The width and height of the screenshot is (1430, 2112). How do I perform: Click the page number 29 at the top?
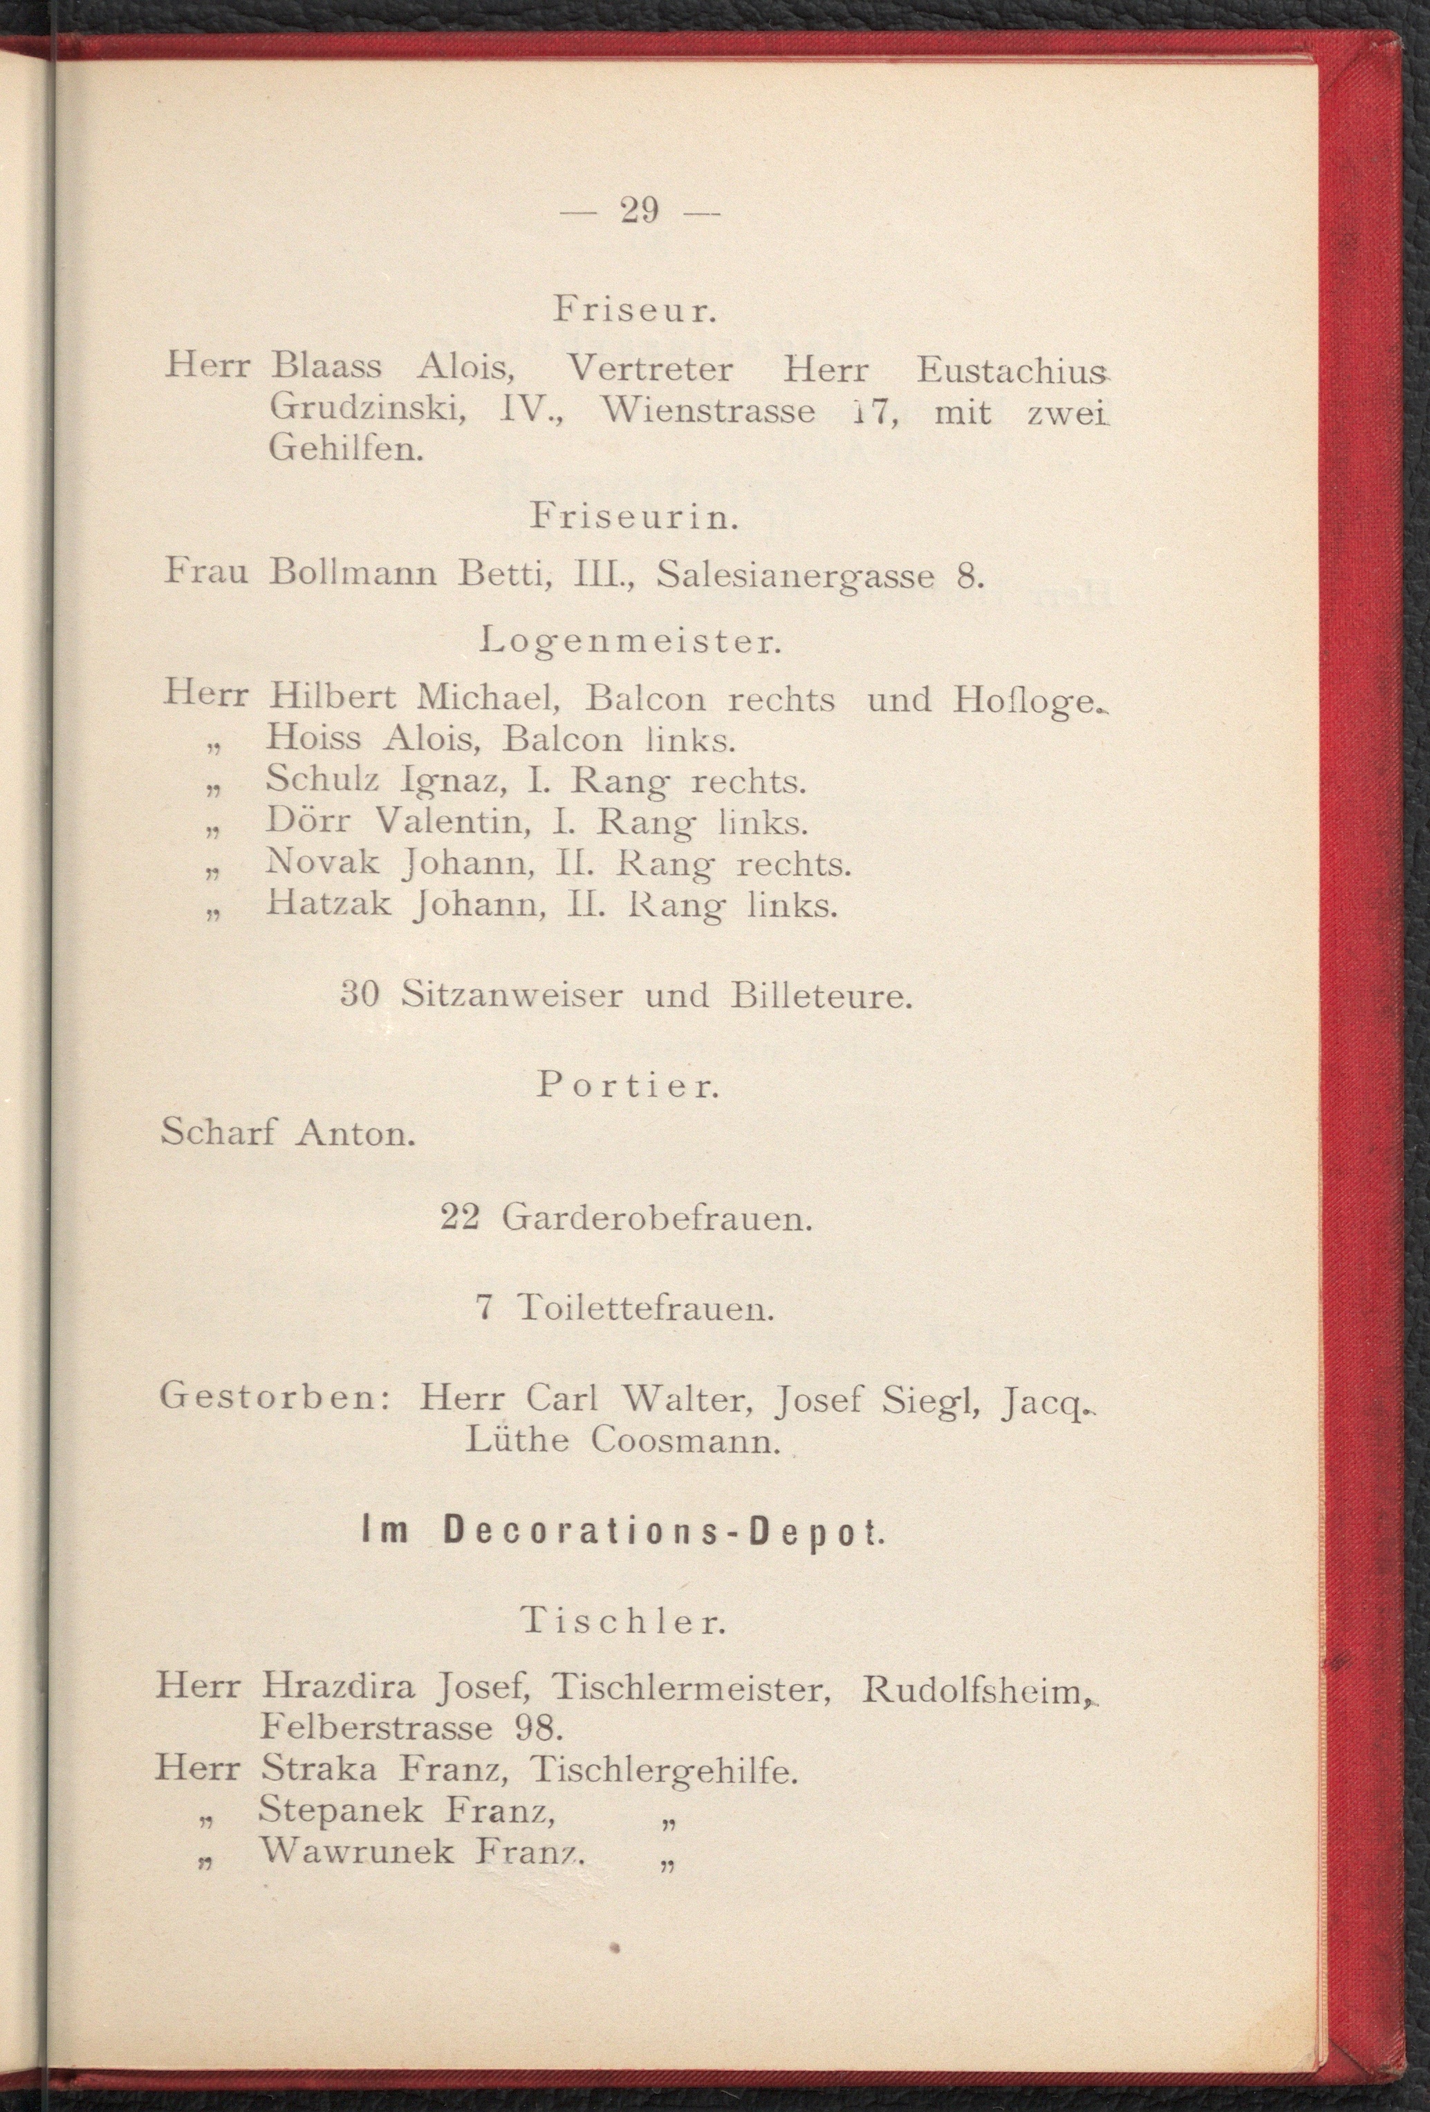tap(639, 211)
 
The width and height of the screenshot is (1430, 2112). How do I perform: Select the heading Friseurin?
tap(633, 520)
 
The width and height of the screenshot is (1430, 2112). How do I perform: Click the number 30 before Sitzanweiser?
tap(359, 996)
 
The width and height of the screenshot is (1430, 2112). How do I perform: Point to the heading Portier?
tap(628, 1087)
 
